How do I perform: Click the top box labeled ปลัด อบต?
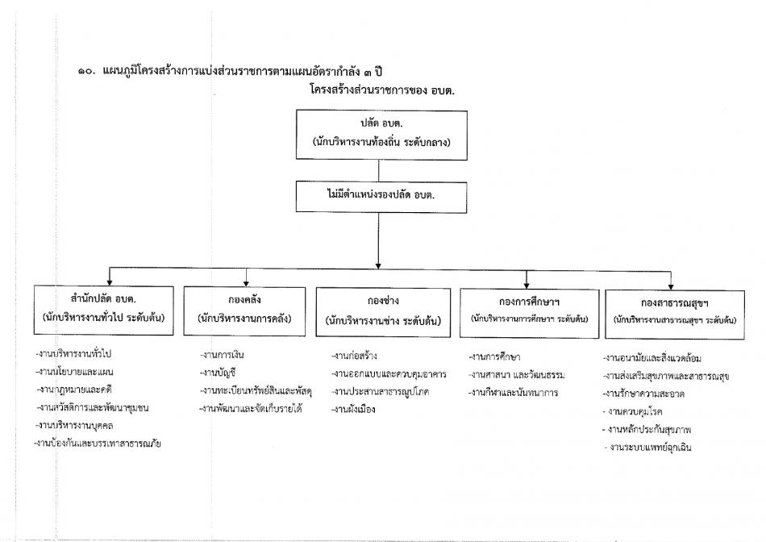click(381, 135)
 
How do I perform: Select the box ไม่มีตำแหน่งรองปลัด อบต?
click(381, 197)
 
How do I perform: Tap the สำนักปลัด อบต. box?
click(103, 311)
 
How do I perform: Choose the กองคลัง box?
click(244, 311)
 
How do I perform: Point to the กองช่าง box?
click(383, 312)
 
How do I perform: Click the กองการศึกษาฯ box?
click(529, 313)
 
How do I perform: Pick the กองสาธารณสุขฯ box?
click(675, 315)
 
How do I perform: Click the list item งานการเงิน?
click(223, 355)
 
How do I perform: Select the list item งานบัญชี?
click(218, 373)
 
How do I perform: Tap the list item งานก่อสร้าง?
click(354, 356)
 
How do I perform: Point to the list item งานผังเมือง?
click(353, 410)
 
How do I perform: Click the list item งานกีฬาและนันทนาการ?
click(513, 393)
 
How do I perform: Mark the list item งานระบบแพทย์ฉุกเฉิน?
click(647, 447)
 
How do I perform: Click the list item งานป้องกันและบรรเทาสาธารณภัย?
click(98, 444)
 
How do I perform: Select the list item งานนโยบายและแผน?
click(75, 372)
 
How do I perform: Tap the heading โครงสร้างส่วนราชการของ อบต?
click(382, 90)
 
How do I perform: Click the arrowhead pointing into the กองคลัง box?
click(246, 283)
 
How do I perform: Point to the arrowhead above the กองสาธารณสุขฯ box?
click(671, 287)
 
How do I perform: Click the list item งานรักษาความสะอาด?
click(643, 394)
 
